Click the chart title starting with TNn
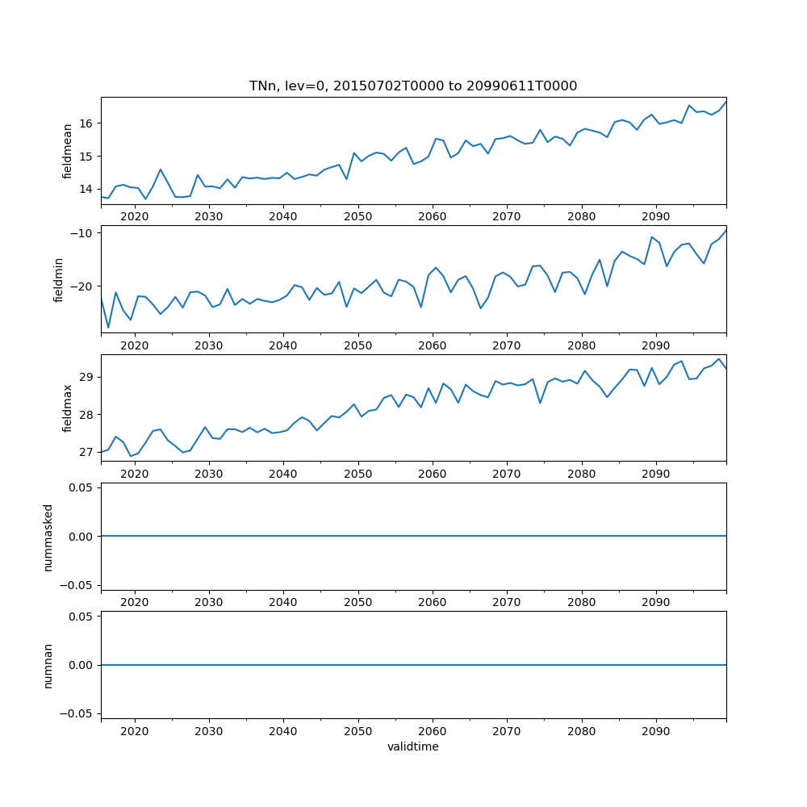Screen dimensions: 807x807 pyautogui.click(x=413, y=86)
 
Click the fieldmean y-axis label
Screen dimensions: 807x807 pyautogui.click(x=68, y=150)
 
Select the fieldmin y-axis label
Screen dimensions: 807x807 pyautogui.click(x=58, y=279)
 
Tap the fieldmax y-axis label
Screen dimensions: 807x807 pyautogui.click(x=68, y=408)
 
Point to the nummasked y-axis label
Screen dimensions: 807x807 pyautogui.click(x=48, y=537)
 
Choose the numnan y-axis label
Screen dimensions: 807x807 pyautogui.click(x=48, y=665)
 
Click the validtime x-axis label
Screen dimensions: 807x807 pyautogui.click(x=413, y=746)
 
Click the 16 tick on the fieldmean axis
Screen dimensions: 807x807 pyautogui.click(x=87, y=123)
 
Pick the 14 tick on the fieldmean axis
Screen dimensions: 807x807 pyautogui.click(x=87, y=189)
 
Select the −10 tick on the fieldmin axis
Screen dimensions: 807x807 pyautogui.click(x=83, y=232)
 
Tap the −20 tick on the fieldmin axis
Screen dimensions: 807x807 pyautogui.click(x=83, y=286)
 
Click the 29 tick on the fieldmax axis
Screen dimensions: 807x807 pyautogui.click(x=87, y=377)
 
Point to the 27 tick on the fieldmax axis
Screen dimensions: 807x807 pyautogui.click(x=87, y=452)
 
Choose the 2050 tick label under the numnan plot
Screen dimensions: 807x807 pyautogui.click(x=358, y=731)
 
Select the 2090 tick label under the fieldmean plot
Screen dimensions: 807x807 pyautogui.click(x=655, y=216)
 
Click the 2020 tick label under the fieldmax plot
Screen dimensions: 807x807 pyautogui.click(x=134, y=474)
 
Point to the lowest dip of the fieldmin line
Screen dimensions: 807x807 pyautogui.click(x=108, y=328)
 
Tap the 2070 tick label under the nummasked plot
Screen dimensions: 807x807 pyautogui.click(x=507, y=602)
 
